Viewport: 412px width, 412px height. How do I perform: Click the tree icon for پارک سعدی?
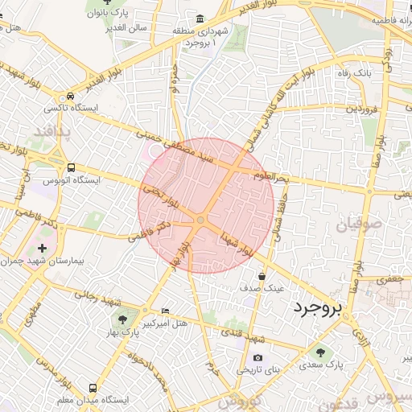point(321,352)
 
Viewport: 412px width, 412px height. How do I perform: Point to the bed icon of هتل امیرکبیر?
point(165,311)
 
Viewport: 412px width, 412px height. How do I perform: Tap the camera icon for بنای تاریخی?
point(257,357)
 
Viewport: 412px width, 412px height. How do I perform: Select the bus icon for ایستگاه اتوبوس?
point(72,168)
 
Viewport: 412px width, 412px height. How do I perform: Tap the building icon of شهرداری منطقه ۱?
point(200,19)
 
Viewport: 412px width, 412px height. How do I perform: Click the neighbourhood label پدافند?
point(57,130)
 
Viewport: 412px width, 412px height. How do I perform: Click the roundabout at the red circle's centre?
point(200,220)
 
